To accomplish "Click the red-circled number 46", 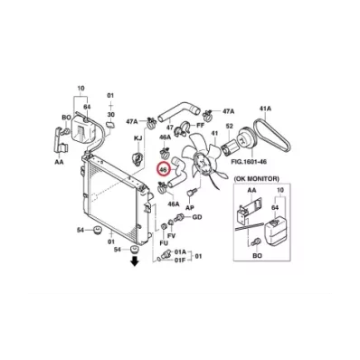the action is tap(164, 169).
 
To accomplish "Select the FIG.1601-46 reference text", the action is tap(249, 162).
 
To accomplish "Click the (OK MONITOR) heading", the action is tap(256, 179).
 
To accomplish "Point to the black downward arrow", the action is tap(134, 261).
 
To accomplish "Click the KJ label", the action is tap(137, 138).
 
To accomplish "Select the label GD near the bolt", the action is tap(197, 217).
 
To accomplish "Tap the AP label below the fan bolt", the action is tap(190, 207).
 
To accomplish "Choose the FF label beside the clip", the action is tap(200, 125).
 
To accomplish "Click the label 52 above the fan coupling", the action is tap(230, 126).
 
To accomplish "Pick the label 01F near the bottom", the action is tap(181, 260).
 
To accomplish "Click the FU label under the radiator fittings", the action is tap(164, 243).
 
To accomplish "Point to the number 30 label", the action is tap(110, 115).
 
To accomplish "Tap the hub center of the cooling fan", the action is tap(203, 163).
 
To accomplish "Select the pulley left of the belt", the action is tap(246, 139).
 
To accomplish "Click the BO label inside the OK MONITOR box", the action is tap(257, 256).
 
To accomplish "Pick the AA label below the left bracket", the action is tap(59, 162).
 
